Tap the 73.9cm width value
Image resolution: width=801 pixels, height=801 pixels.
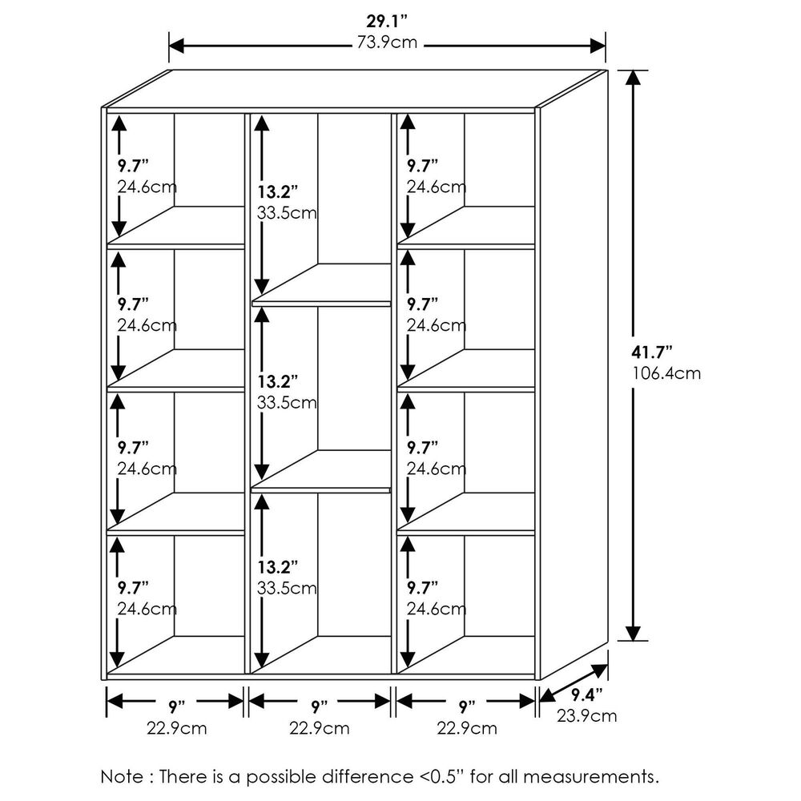point(388,42)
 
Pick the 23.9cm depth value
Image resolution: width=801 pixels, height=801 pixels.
point(587,715)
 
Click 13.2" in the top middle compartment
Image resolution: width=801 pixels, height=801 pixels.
point(278,192)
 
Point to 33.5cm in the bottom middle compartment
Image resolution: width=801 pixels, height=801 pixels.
point(288,588)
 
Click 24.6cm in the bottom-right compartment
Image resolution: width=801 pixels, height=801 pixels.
point(437,609)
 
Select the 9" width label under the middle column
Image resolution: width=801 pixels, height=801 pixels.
point(320,706)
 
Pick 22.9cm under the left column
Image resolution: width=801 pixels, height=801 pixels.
point(177,728)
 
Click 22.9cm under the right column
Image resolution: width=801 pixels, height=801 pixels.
point(467,728)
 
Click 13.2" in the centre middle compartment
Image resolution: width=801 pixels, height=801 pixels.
point(278,380)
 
